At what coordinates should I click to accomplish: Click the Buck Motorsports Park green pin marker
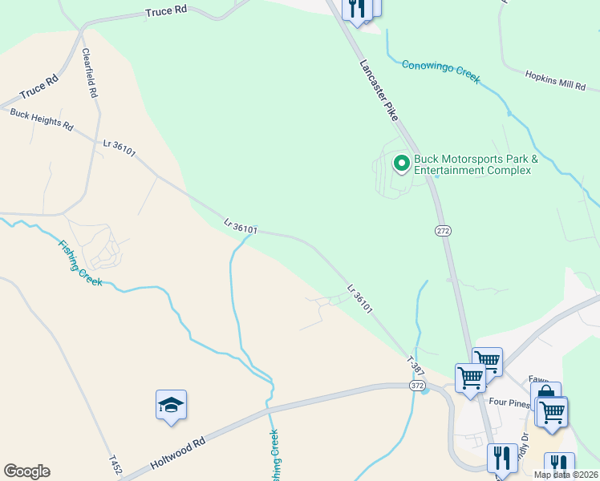[x=401, y=164]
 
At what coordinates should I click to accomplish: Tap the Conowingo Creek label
[x=440, y=70]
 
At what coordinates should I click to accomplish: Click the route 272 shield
[x=443, y=231]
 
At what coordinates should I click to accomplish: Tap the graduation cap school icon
[x=171, y=404]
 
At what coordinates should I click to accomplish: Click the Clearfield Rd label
[x=90, y=73]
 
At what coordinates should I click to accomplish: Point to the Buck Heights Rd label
[x=41, y=120]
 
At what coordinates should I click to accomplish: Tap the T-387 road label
[x=415, y=366]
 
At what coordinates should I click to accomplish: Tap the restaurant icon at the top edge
[x=358, y=7]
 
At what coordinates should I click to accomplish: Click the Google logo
[x=26, y=471]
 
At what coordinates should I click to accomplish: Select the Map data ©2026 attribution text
[x=566, y=475]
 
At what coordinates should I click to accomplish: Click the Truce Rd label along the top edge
[x=166, y=11]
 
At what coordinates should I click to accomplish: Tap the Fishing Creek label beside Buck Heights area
[x=79, y=261]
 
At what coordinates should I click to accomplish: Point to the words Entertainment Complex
[x=472, y=170]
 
